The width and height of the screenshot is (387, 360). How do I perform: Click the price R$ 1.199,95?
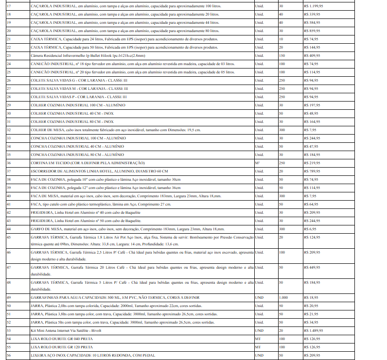pos(314,6)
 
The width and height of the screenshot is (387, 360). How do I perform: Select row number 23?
pos(9,55)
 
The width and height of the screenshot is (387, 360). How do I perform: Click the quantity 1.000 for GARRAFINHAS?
pos(283,297)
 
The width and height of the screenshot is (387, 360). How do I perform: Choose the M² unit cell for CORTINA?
pos(257,163)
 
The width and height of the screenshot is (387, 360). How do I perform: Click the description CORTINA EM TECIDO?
pos(88,163)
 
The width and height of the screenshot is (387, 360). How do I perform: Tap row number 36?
pos(9,163)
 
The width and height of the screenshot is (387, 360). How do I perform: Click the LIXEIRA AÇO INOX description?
pos(93,355)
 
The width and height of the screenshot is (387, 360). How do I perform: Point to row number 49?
pos(9,297)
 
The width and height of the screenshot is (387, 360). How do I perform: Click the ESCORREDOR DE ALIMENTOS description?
pos(99,171)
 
